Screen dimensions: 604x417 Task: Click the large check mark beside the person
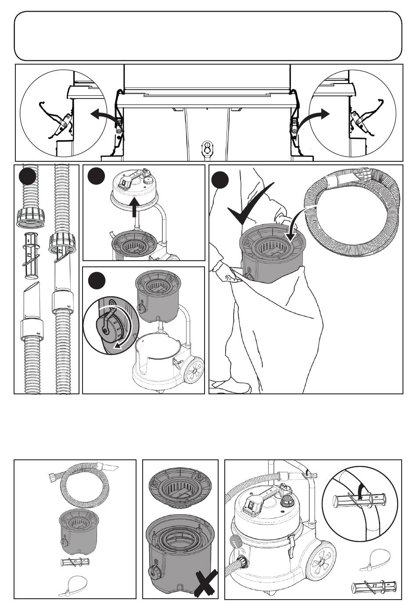[x=248, y=209]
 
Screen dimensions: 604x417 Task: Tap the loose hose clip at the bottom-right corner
[x=376, y=586]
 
